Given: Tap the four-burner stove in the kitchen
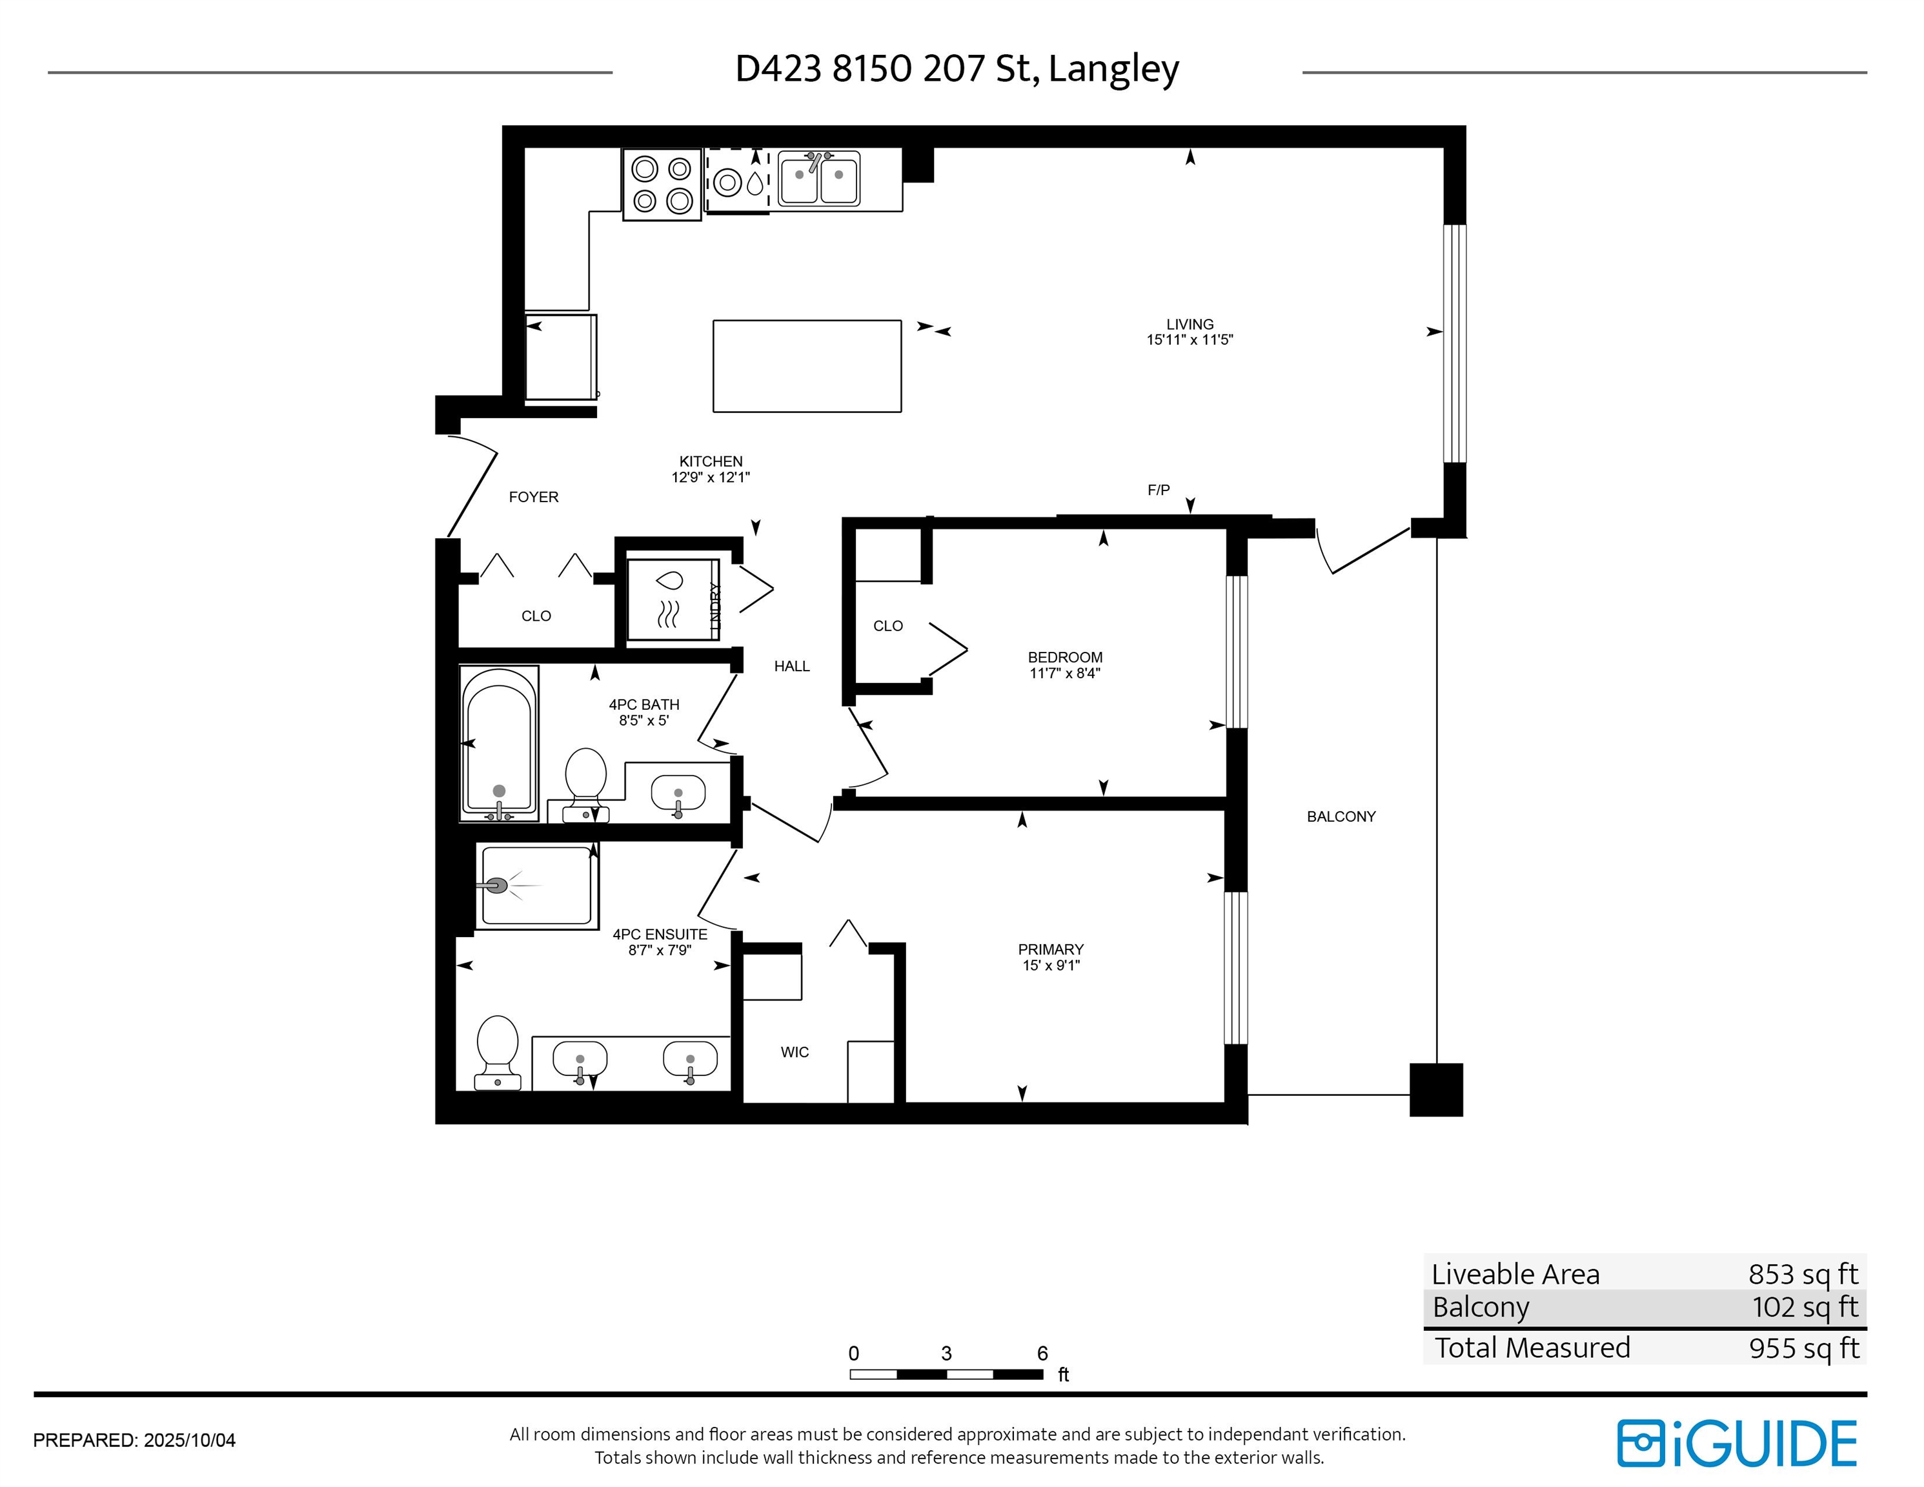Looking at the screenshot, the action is (x=662, y=184).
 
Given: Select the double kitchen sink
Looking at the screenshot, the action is (x=818, y=179).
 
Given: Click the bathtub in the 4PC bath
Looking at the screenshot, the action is (x=499, y=743).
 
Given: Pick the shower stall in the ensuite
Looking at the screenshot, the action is (x=536, y=886).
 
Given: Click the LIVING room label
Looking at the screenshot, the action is (x=1190, y=324).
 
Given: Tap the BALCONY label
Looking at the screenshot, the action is (x=1341, y=816).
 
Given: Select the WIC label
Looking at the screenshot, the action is (x=795, y=1052).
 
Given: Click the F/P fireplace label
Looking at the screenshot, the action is (x=1159, y=490).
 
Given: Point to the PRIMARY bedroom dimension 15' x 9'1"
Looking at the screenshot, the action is (x=1051, y=965).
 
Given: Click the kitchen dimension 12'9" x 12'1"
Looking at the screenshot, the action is (x=711, y=478).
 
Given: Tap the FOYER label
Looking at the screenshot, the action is (x=534, y=497).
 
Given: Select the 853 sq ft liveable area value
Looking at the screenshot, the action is (x=1803, y=1274).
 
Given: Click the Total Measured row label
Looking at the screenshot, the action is (x=1533, y=1348).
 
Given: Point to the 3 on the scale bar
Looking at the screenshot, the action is (x=946, y=1353).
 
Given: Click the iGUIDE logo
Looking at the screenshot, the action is (x=1736, y=1444).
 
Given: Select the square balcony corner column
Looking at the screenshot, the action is (x=1436, y=1089).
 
